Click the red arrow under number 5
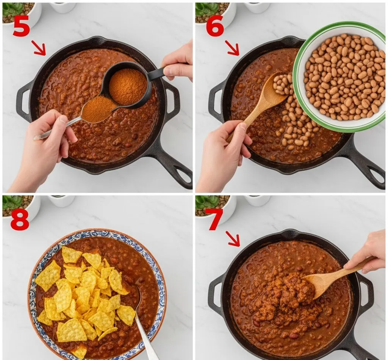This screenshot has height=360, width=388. [39, 48]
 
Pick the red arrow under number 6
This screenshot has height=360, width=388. [232, 48]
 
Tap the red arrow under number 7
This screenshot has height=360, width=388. [234, 239]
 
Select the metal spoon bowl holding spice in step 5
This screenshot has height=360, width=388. [98, 110]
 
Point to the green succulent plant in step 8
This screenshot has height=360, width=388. [13, 202]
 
